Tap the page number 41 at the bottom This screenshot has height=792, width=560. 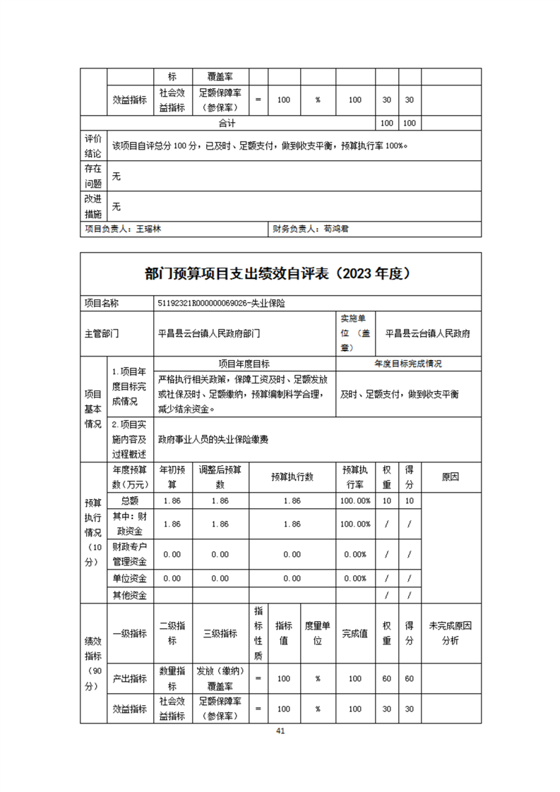click(x=280, y=731)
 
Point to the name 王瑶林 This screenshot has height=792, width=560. click(x=149, y=229)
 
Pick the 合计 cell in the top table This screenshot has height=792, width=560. click(x=226, y=123)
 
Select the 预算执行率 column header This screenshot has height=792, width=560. click(x=355, y=477)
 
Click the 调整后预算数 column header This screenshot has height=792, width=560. click(x=220, y=477)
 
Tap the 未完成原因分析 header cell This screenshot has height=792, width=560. click(x=450, y=633)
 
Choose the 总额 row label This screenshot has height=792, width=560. click(x=130, y=500)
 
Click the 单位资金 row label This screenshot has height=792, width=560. click(x=130, y=578)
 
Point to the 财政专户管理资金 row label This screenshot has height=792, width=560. click(x=130, y=554)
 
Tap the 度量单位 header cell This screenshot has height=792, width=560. click(x=318, y=633)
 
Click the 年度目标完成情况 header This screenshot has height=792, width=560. click(x=408, y=364)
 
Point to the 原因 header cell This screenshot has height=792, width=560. click(x=450, y=477)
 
